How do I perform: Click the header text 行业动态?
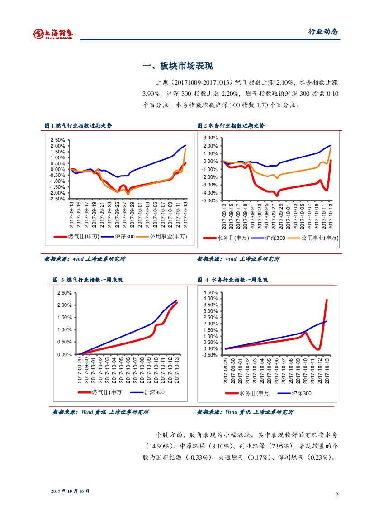coord(323,32)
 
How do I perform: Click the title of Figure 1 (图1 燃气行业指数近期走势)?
coord(78,126)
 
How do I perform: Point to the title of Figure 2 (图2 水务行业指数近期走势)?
coord(231,126)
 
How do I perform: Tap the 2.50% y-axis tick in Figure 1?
coord(58,140)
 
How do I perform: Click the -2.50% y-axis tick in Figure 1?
coord(57,199)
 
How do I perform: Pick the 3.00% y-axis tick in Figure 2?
coord(211,138)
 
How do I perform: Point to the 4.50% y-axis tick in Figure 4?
coord(211,293)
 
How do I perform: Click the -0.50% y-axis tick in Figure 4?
coord(210,355)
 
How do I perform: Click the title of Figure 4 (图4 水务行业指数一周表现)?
coord(232,280)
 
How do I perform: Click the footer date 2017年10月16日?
coord(70,491)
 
